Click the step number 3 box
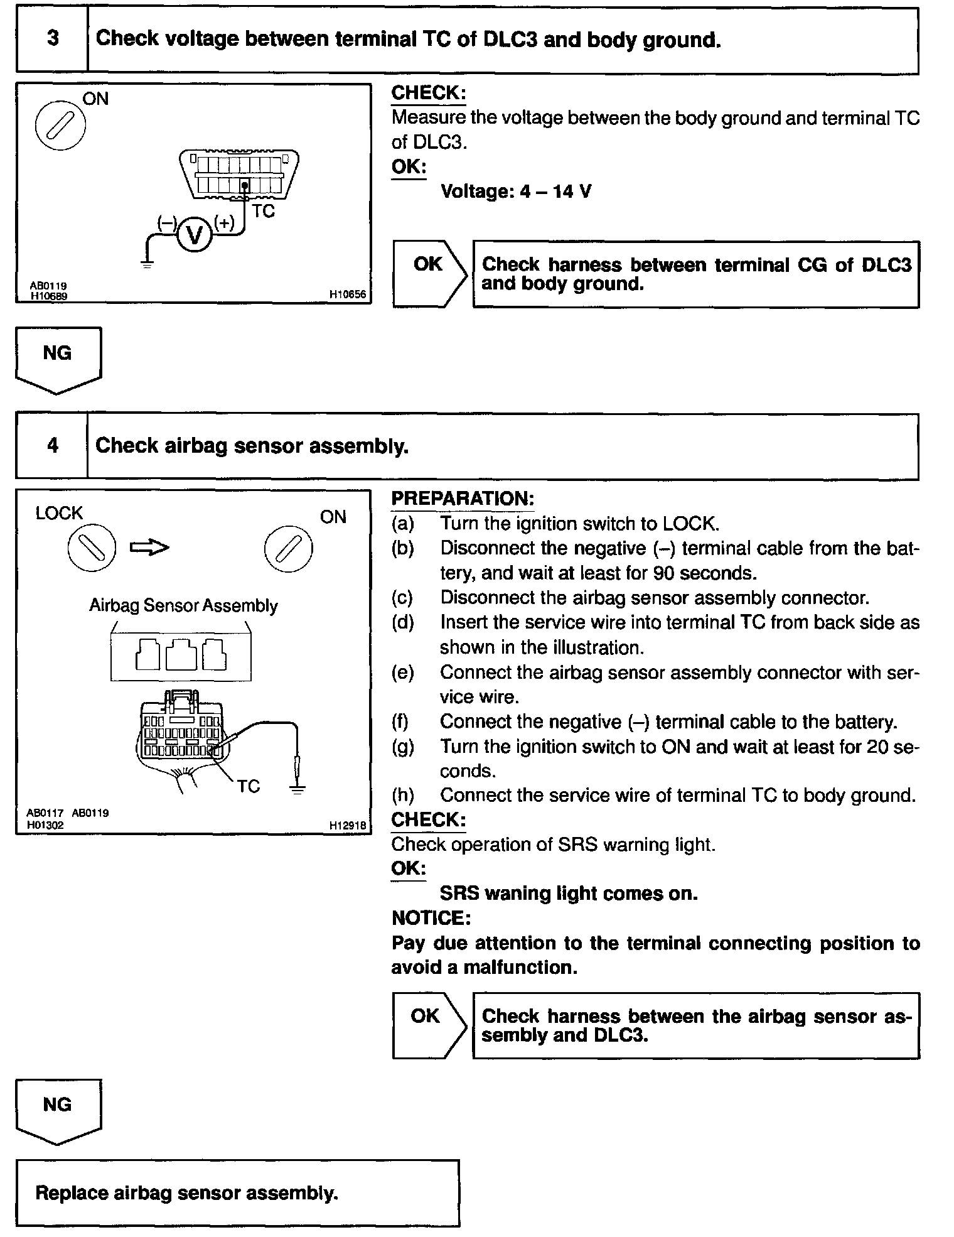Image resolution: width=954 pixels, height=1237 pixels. point(52,40)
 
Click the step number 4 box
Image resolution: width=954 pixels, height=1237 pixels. point(52,446)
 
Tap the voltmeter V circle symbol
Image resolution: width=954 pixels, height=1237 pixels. point(195,235)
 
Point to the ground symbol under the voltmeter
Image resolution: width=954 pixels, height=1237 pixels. point(147,264)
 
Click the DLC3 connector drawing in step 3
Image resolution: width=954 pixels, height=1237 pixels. point(238,174)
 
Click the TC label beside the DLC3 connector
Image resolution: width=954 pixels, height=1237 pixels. point(264,212)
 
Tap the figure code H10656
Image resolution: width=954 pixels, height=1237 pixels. point(348,294)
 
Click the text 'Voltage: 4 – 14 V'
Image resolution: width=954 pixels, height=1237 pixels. point(515,192)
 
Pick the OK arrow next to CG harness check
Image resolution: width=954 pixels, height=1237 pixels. point(429,274)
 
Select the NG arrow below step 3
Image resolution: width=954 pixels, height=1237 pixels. point(58,360)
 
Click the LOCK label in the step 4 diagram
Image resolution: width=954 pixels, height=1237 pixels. point(59,513)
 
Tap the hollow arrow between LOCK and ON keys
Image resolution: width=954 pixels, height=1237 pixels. point(149,548)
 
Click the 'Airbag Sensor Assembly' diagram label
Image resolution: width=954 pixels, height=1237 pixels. point(183,606)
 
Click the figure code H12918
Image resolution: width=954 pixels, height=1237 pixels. point(348,826)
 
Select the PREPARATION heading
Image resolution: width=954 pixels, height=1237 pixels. point(463,499)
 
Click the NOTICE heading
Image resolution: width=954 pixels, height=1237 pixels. point(431,918)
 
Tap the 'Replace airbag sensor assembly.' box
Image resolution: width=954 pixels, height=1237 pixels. point(237,1193)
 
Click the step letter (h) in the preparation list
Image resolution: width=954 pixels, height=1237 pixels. point(403,796)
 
